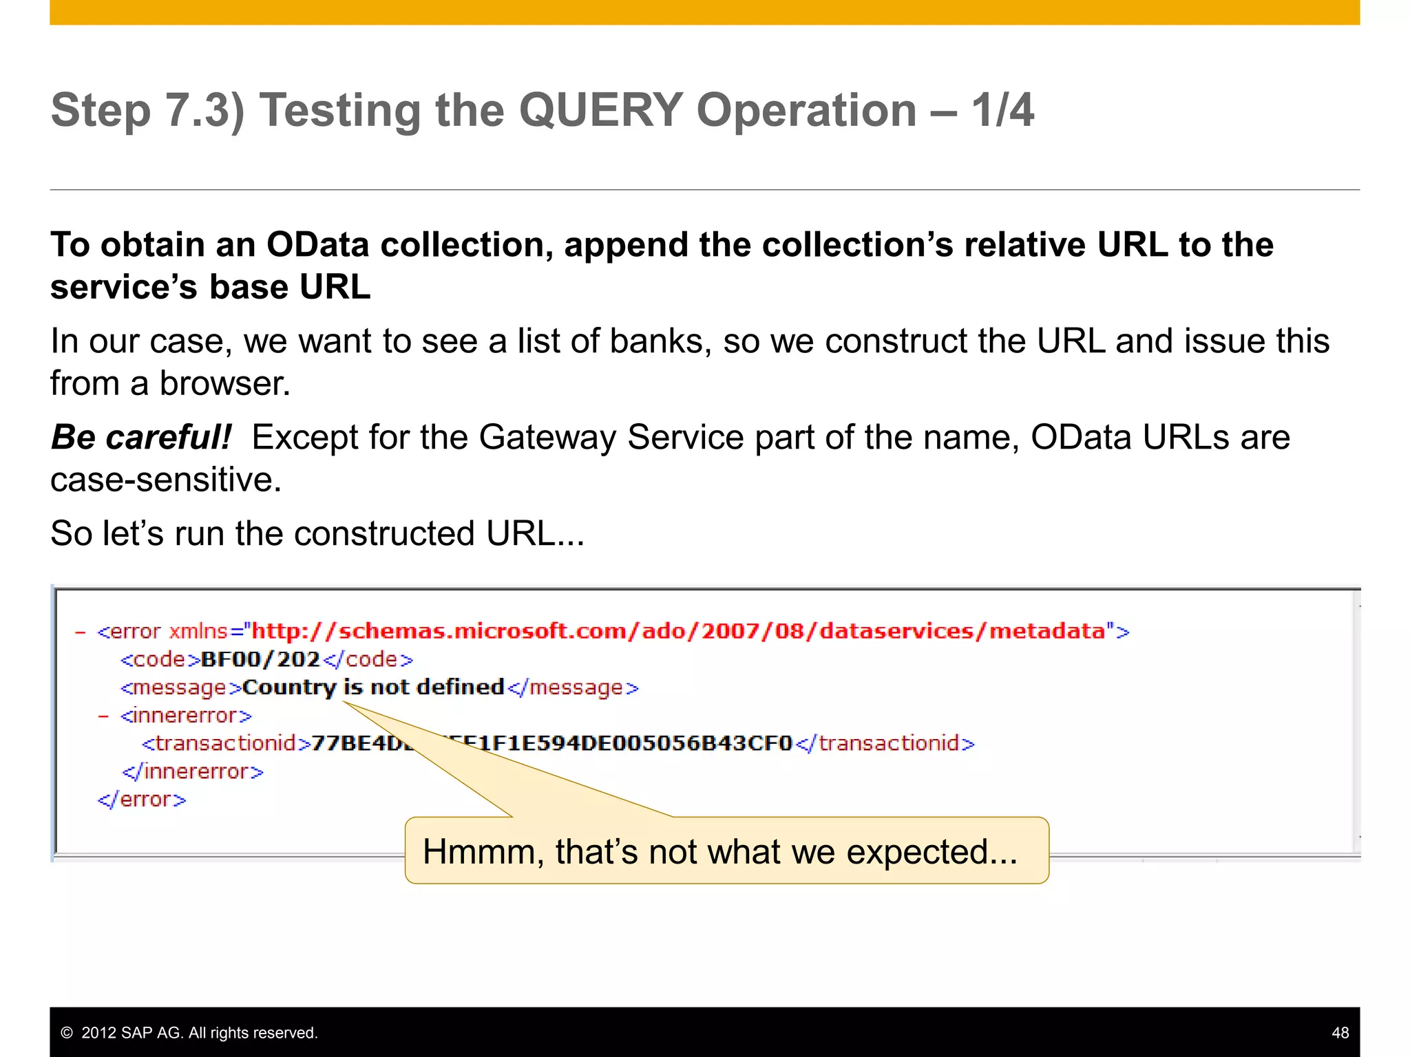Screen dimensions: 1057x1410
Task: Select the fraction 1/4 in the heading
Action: point(1002,110)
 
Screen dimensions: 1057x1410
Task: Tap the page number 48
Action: point(1340,1033)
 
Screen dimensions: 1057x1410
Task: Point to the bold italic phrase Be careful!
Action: point(141,438)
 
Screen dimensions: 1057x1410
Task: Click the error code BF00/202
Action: point(260,659)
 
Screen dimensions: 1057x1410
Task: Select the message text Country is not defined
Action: point(373,687)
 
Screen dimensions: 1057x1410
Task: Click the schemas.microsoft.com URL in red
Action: point(678,631)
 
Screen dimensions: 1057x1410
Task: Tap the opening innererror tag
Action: point(186,716)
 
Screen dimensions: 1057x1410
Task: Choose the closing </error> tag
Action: point(142,800)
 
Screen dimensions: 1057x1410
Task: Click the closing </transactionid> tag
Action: point(885,743)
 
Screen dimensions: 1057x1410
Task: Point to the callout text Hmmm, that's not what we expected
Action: point(719,852)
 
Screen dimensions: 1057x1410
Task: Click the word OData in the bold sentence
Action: point(317,245)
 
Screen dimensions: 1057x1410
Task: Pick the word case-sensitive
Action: point(165,480)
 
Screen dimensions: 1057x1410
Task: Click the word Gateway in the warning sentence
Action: point(547,438)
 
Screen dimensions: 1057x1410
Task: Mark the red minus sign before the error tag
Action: point(81,632)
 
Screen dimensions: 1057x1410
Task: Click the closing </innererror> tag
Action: point(193,771)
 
